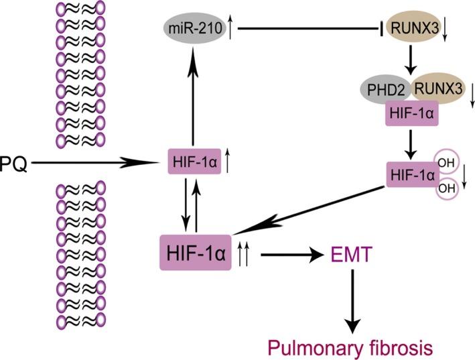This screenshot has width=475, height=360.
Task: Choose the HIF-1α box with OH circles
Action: tap(410, 174)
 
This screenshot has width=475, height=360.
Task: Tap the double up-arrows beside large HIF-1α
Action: tap(246, 254)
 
